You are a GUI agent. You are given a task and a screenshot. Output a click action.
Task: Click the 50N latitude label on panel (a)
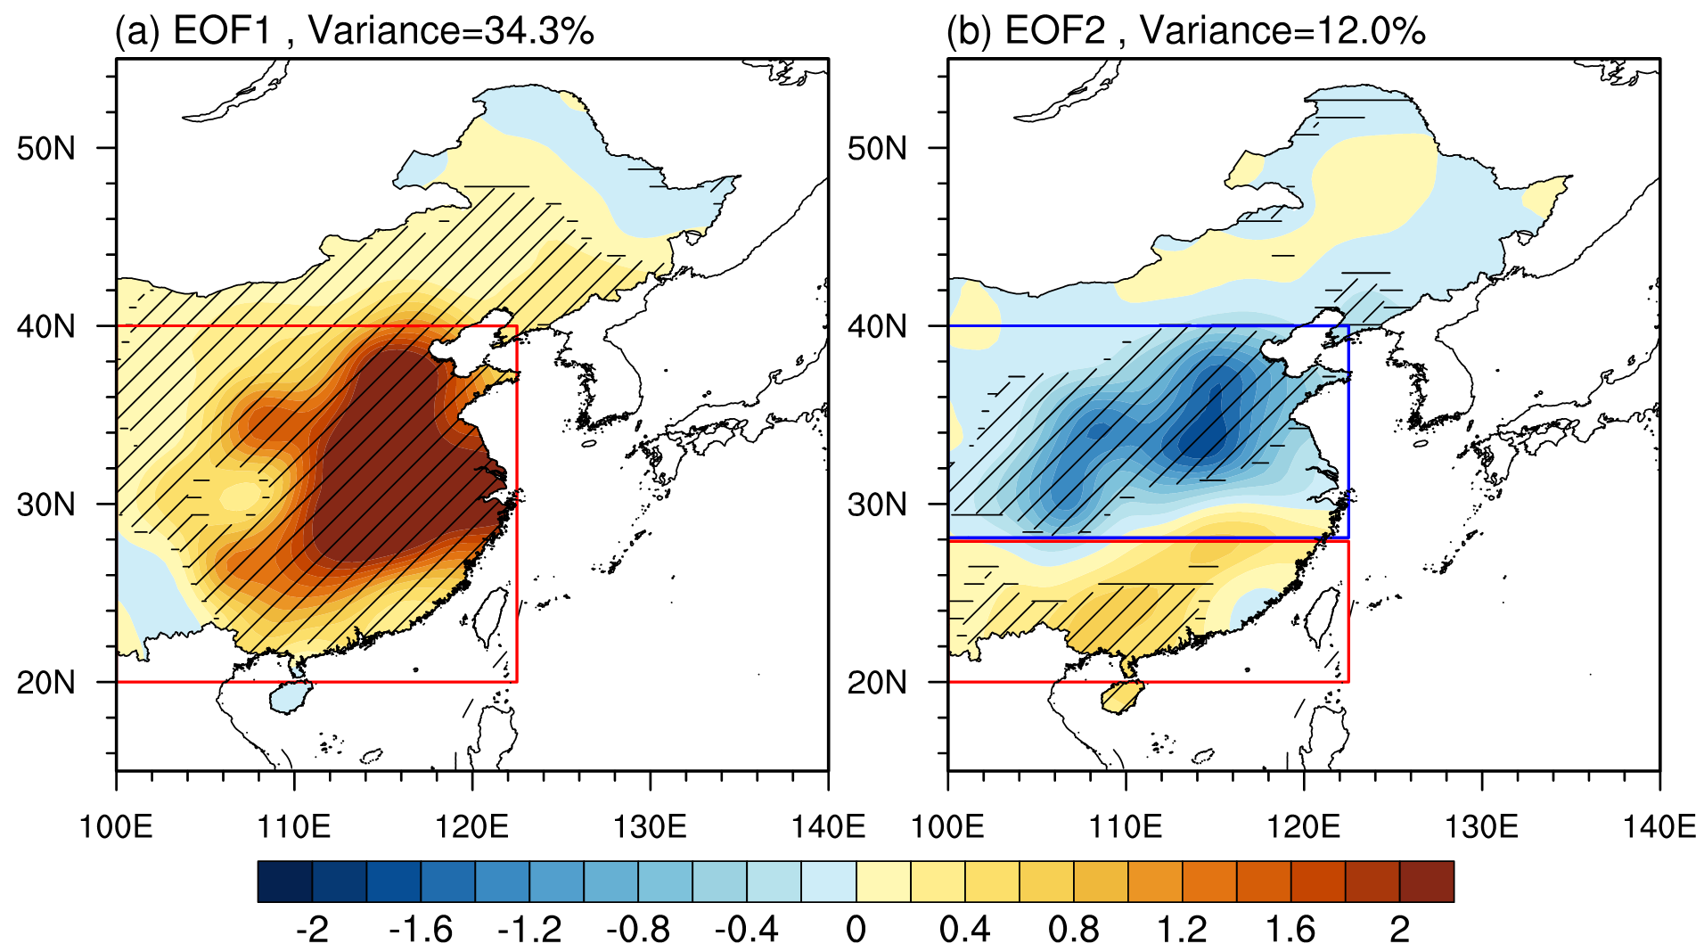click(46, 148)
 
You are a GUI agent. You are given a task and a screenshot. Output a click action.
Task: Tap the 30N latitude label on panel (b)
click(877, 505)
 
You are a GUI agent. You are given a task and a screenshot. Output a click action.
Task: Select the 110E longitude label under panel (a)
click(294, 827)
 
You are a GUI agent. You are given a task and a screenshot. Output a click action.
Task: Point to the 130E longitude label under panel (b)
click(1481, 827)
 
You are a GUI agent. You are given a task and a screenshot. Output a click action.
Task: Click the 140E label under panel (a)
click(828, 827)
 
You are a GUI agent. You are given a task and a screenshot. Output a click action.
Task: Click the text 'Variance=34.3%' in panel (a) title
click(451, 31)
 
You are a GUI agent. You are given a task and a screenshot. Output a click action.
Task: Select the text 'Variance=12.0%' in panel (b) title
click(1282, 31)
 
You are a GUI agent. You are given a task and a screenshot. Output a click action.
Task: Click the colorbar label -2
click(312, 930)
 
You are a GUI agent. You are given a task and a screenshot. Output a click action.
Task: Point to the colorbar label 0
click(856, 930)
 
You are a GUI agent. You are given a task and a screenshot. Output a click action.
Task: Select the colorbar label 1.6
click(1290, 930)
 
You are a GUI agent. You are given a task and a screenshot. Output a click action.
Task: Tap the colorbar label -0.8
click(638, 930)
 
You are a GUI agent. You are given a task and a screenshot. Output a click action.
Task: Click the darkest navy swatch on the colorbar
click(284, 882)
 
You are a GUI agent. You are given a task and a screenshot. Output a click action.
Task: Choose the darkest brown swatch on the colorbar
click(1426, 882)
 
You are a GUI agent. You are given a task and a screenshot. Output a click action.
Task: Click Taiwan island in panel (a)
click(489, 616)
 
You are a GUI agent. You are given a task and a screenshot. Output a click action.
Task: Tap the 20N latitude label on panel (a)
click(46, 683)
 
